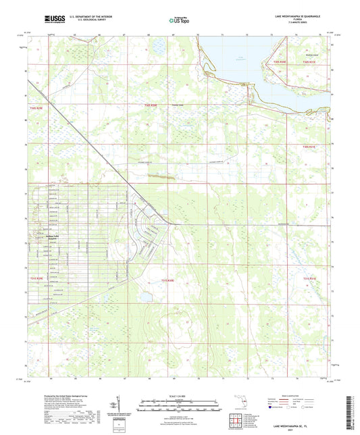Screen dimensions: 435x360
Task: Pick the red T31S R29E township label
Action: click(36, 278)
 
